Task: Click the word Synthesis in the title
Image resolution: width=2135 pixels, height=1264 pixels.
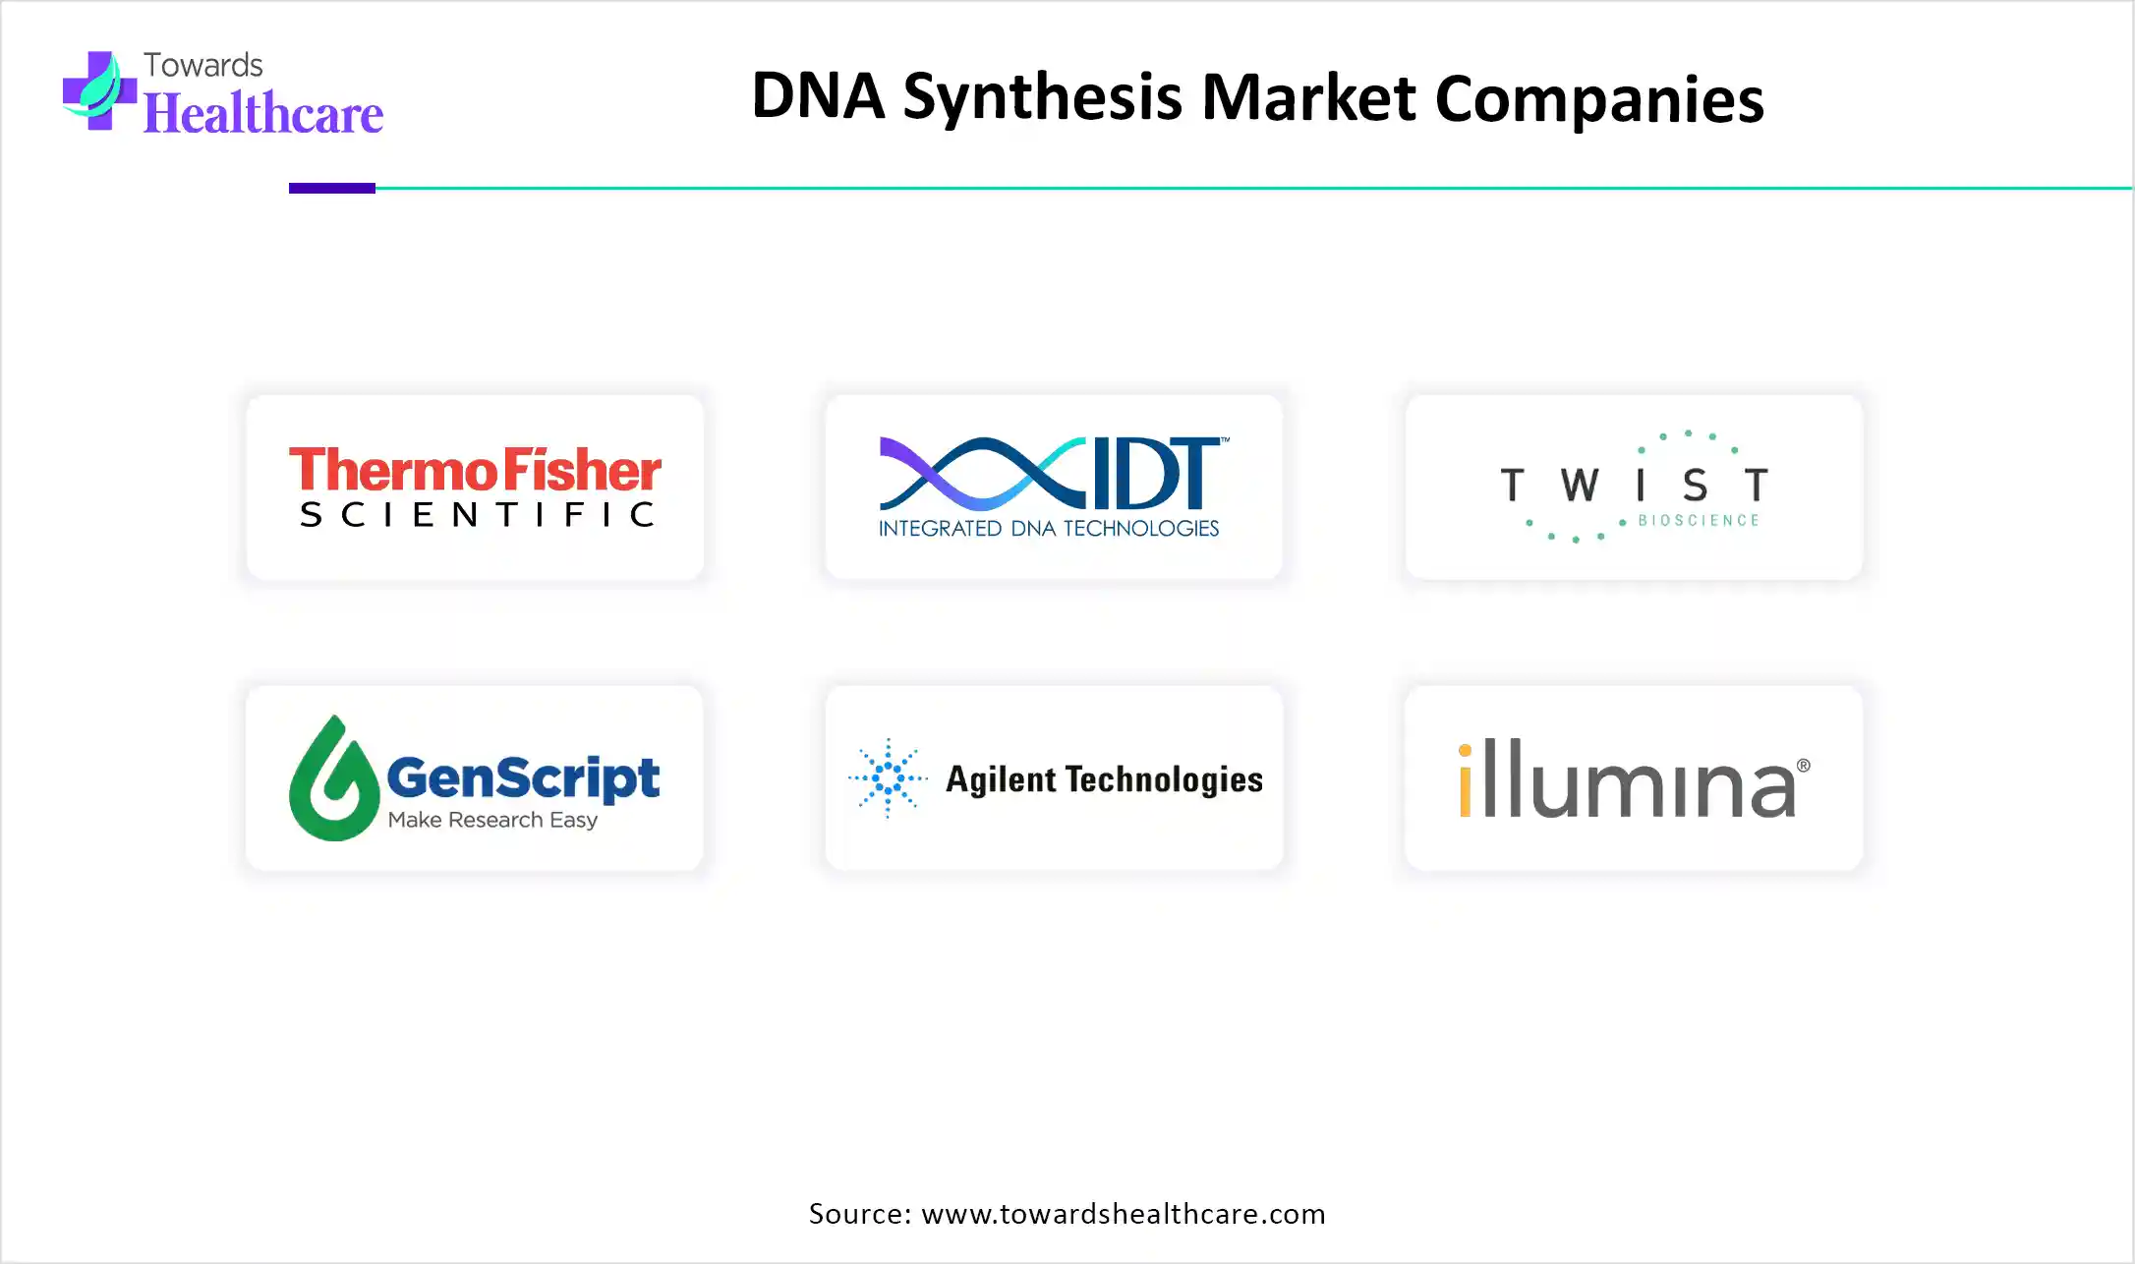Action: (x=1043, y=97)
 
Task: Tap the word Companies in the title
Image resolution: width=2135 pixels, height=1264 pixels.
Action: (x=1599, y=99)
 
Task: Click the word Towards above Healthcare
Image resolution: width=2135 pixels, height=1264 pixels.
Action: (x=203, y=65)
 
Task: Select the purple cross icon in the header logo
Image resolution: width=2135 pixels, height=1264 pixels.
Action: (x=99, y=90)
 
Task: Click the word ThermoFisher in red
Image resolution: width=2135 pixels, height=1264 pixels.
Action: (x=475, y=470)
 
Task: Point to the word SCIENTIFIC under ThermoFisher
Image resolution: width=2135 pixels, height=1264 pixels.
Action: (x=477, y=514)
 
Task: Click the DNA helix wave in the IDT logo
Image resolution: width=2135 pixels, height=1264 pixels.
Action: (x=984, y=472)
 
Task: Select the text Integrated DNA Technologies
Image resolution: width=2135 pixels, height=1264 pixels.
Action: (x=1049, y=529)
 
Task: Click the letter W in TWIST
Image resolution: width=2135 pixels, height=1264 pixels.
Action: (x=1580, y=485)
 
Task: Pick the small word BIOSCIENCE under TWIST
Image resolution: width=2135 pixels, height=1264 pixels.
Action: (x=1699, y=520)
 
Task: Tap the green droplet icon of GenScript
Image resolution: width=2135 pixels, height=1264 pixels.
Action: (x=333, y=777)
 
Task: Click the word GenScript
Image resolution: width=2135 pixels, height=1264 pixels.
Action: (x=523, y=779)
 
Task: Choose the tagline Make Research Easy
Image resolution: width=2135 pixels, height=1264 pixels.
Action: (x=492, y=820)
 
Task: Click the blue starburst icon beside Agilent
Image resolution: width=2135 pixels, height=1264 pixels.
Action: (x=888, y=778)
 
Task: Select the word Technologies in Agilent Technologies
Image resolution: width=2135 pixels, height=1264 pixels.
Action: (x=1165, y=779)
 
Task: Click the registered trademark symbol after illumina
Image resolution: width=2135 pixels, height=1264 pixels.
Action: (x=1804, y=766)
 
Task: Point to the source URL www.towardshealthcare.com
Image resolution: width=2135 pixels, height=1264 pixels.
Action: (x=1124, y=1214)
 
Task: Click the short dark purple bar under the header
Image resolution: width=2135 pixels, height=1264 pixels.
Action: (x=332, y=188)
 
